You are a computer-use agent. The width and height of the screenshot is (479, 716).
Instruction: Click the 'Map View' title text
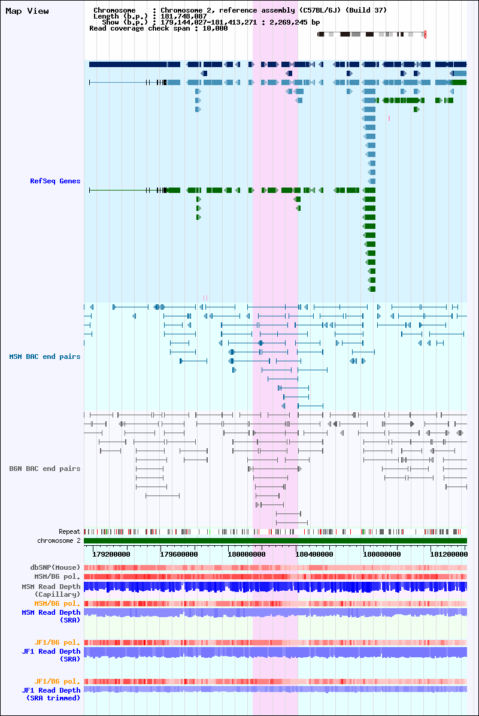pyautogui.click(x=27, y=11)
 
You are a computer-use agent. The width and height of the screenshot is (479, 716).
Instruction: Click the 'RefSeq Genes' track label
pyautogui.click(x=55, y=181)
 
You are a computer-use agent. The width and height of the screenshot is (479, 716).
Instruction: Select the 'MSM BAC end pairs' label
pyautogui.click(x=45, y=357)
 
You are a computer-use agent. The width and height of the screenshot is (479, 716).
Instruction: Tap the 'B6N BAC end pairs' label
pyautogui.click(x=45, y=469)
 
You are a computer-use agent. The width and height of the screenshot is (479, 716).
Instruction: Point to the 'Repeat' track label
pyautogui.click(x=69, y=531)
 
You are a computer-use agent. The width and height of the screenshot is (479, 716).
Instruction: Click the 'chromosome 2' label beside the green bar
pyautogui.click(x=59, y=540)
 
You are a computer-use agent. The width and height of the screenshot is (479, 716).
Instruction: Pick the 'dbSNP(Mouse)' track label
pyautogui.click(x=55, y=567)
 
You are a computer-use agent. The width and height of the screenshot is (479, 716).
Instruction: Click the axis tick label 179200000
pyautogui.click(x=111, y=554)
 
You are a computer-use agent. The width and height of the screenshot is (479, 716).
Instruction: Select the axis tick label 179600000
pyautogui.click(x=179, y=554)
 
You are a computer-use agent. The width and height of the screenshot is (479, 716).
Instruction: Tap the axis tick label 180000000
pyautogui.click(x=246, y=554)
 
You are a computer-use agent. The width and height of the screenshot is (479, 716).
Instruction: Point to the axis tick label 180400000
pyautogui.click(x=314, y=554)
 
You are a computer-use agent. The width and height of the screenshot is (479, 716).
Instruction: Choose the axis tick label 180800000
pyautogui.click(x=382, y=554)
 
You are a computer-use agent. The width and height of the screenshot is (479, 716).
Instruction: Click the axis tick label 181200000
pyautogui.click(x=449, y=554)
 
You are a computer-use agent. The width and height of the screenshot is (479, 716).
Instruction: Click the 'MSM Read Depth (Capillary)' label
pyautogui.click(x=51, y=590)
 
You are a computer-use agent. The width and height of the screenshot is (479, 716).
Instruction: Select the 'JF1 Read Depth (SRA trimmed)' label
pyautogui.click(x=51, y=694)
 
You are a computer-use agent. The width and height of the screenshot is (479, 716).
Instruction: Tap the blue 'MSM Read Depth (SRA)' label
pyautogui.click(x=51, y=616)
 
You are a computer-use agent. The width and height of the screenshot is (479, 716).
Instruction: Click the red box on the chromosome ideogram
pyautogui.click(x=425, y=34)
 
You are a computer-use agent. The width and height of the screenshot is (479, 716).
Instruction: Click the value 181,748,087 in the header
pyautogui.click(x=183, y=16)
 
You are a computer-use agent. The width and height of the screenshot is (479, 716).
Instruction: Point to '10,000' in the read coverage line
pyautogui.click(x=215, y=28)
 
